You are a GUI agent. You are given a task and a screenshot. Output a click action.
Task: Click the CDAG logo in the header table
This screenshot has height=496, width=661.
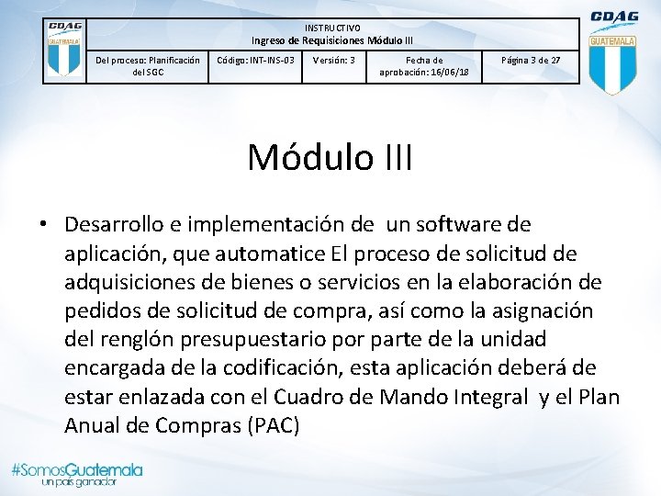point(64,51)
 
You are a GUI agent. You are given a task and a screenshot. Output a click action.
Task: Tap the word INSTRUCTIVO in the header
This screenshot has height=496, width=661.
point(332,28)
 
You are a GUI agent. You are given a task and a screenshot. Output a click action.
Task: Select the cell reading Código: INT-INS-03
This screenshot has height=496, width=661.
point(255,61)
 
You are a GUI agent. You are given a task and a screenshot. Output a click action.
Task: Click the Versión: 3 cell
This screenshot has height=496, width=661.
point(334,61)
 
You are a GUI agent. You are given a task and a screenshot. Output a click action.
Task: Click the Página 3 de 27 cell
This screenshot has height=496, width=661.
point(530,61)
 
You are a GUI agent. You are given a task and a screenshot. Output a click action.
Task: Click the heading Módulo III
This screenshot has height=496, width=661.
point(330,157)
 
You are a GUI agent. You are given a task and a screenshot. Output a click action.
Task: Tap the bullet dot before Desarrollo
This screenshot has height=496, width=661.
point(44,225)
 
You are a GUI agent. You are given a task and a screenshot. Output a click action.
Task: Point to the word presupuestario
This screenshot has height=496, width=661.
point(288,339)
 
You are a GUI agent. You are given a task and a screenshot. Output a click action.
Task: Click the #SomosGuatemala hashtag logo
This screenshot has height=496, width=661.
point(76,469)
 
